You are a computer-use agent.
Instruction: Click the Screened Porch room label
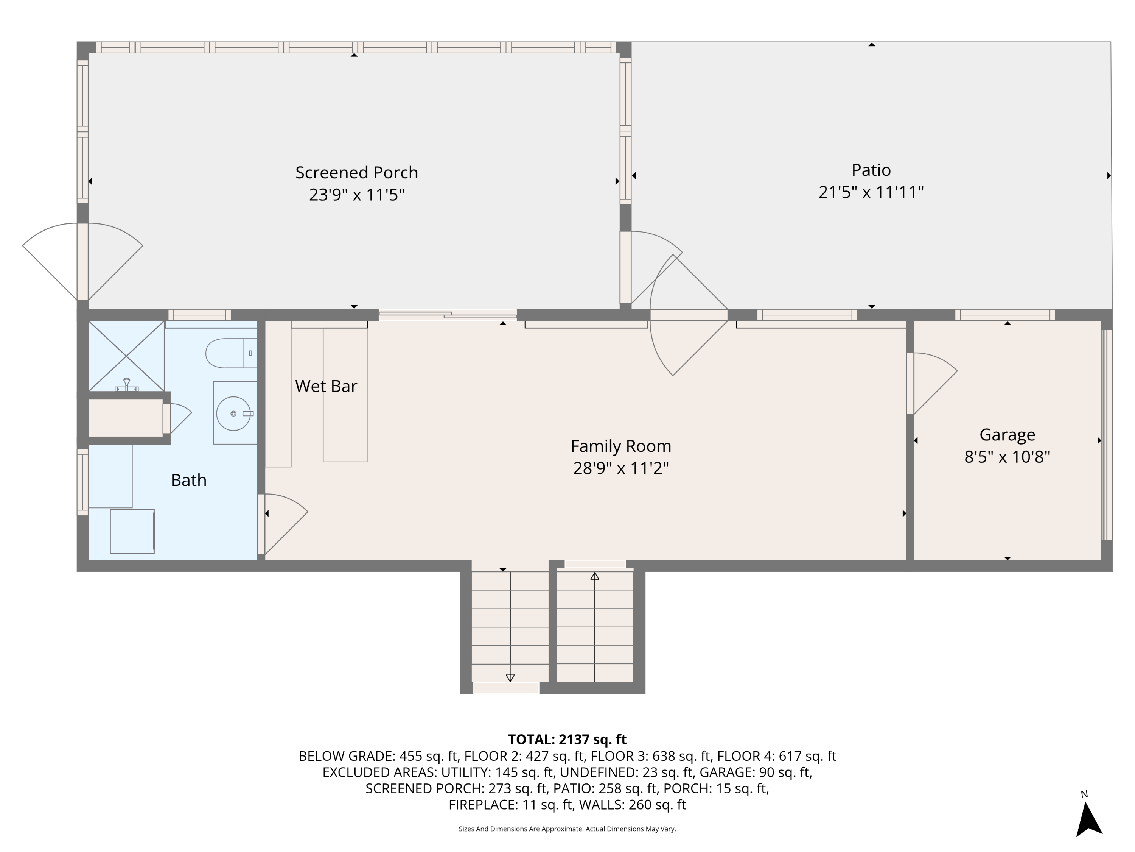pyautogui.click(x=357, y=173)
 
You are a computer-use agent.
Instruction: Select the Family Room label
pyautogui.click(x=621, y=446)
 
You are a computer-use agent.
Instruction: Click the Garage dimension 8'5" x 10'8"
pyautogui.click(x=1007, y=457)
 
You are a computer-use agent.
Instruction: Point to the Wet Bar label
pyautogui.click(x=326, y=386)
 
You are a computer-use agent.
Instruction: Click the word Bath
pyautogui.click(x=189, y=480)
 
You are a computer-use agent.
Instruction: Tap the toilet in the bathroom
pyautogui.click(x=230, y=353)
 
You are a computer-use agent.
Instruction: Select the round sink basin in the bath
pyautogui.click(x=233, y=414)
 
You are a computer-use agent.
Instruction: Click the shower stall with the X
pyautogui.click(x=126, y=356)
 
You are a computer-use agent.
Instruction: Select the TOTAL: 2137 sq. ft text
pyautogui.click(x=567, y=740)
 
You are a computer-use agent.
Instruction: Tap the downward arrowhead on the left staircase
pyautogui.click(x=510, y=678)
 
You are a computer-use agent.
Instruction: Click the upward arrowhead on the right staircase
pyautogui.click(x=595, y=577)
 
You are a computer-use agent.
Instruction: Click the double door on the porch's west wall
pyautogui.click(x=82, y=261)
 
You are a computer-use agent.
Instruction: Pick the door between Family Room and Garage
pyautogui.click(x=910, y=383)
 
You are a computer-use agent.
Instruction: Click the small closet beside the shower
pyautogui.click(x=126, y=418)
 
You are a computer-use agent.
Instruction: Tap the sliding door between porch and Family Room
pyautogui.click(x=448, y=315)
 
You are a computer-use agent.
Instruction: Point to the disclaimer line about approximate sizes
pyautogui.click(x=567, y=829)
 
